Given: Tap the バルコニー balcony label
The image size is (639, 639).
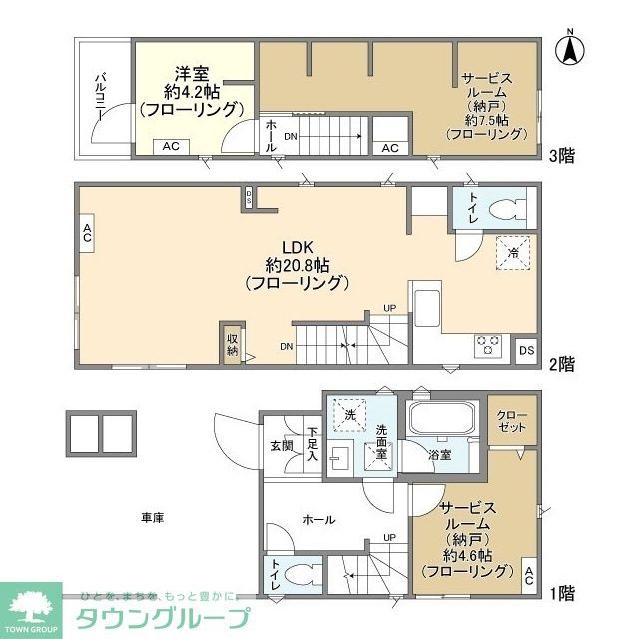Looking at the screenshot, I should [x=102, y=97].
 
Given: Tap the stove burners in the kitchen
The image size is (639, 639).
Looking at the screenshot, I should [x=489, y=344].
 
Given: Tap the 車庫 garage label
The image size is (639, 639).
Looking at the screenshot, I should [x=152, y=517].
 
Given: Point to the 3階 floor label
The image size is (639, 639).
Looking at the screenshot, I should [x=561, y=155].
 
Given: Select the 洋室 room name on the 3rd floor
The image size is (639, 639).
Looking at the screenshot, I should [x=192, y=73].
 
